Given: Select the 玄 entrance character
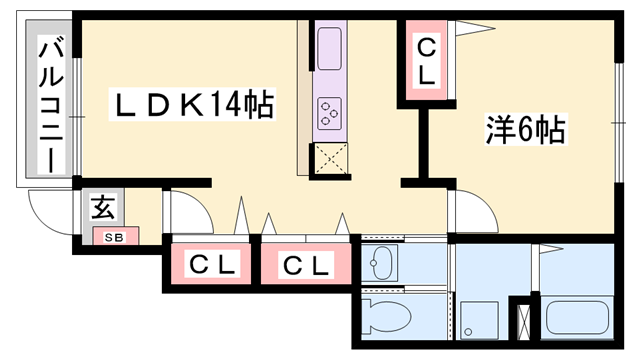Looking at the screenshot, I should click(x=103, y=209).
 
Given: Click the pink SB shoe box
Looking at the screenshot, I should click(x=114, y=237).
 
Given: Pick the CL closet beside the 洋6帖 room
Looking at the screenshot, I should click(x=425, y=61).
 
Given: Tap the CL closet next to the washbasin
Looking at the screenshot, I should click(x=305, y=265).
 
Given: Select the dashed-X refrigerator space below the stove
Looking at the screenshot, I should click(x=331, y=159).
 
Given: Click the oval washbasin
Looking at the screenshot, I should click(x=380, y=264).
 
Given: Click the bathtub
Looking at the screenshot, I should click(x=580, y=318).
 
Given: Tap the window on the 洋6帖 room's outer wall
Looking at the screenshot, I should click(x=614, y=120).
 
